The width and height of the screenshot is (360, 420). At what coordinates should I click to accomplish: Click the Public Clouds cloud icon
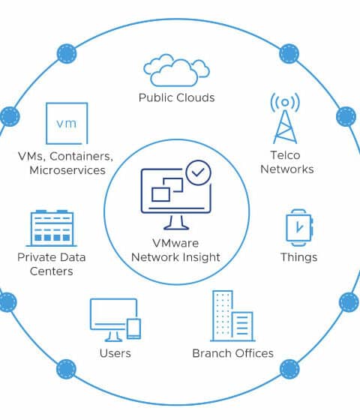[x=176, y=70]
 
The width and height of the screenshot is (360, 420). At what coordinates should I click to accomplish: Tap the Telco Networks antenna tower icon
[x=285, y=118]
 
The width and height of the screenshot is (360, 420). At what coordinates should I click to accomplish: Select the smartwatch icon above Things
[x=299, y=228]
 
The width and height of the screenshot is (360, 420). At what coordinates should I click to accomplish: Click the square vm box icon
[x=67, y=124]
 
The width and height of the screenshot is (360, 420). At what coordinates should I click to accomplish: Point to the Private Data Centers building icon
[x=52, y=228]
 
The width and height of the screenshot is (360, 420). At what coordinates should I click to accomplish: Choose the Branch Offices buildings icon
[x=232, y=316]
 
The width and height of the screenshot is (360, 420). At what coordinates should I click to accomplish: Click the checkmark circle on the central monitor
[x=198, y=172]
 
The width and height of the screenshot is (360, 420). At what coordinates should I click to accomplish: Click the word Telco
[x=285, y=155]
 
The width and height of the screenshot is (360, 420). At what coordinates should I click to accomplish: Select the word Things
[x=299, y=257]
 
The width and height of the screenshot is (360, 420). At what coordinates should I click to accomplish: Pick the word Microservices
[x=67, y=170]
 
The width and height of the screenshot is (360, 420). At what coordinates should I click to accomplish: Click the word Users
[x=115, y=353]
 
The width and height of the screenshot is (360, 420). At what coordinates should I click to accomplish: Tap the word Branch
[x=210, y=353]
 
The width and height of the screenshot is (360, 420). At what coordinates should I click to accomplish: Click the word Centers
[x=52, y=271]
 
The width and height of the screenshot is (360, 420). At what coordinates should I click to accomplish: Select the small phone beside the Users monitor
[x=133, y=328]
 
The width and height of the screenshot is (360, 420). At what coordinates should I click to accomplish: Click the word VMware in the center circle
[x=175, y=243]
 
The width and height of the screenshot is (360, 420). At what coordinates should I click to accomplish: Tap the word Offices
[x=252, y=353]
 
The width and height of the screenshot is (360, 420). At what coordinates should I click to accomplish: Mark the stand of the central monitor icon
[x=176, y=222]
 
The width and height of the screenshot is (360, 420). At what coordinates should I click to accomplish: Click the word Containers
[x=82, y=156]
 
